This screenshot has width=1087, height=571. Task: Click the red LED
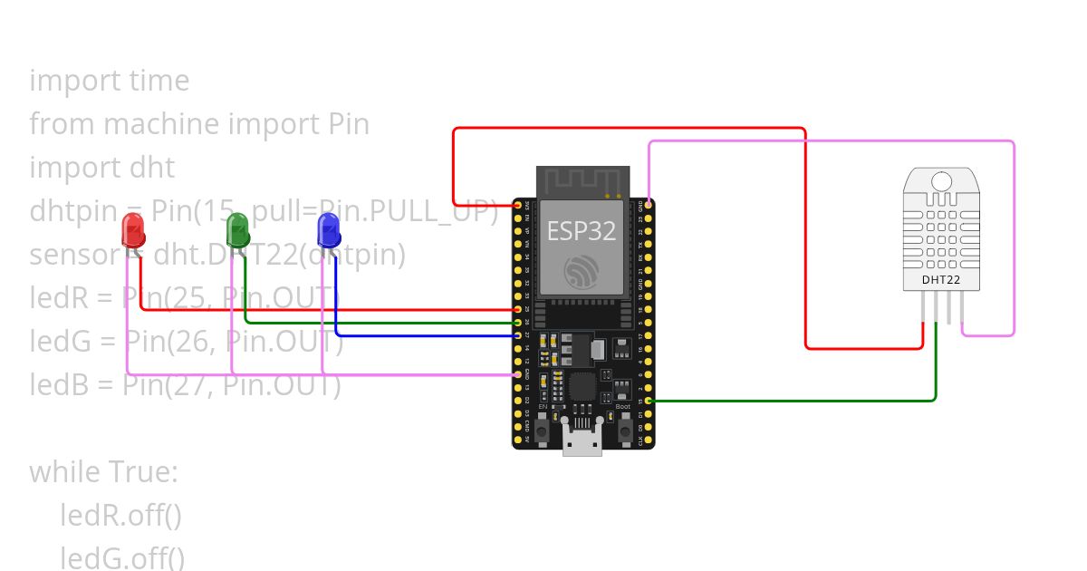[x=133, y=230]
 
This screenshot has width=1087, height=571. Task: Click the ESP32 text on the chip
[x=582, y=230]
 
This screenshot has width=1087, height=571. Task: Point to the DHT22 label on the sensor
[x=941, y=279]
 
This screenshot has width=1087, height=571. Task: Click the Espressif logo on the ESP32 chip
[x=582, y=270]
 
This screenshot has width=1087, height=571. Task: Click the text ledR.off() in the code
[x=121, y=515]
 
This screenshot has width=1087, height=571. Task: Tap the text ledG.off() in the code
[x=122, y=556]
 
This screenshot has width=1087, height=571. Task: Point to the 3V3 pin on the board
[x=518, y=206]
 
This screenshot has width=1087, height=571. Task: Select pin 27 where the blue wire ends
[x=518, y=335]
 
